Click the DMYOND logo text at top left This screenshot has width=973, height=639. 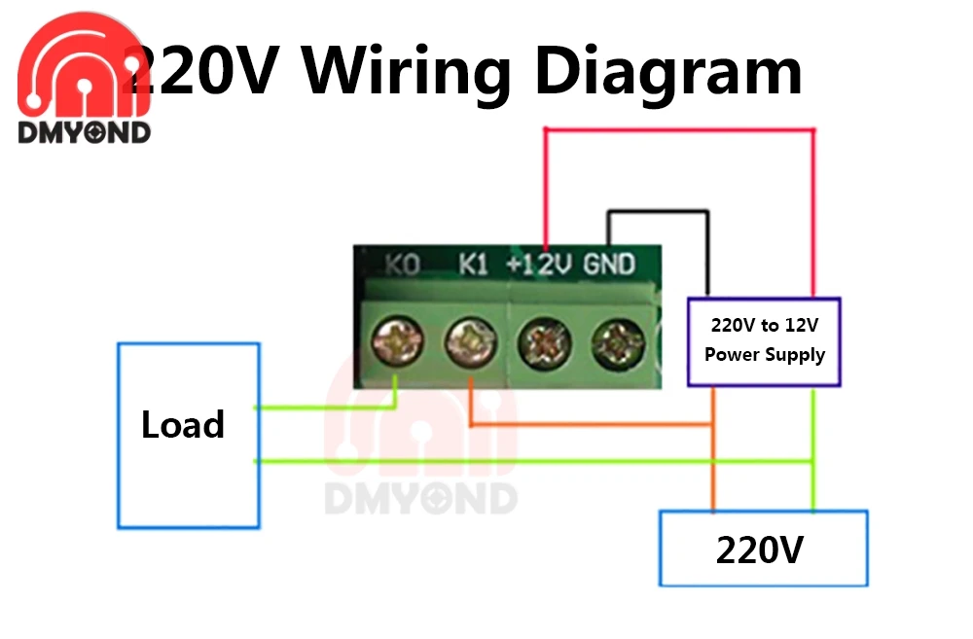(84, 133)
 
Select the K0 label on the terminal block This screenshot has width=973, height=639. (402, 265)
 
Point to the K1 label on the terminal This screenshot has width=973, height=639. (473, 264)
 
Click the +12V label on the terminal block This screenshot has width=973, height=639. (538, 264)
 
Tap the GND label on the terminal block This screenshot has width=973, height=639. (609, 264)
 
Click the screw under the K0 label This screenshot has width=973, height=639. (397, 341)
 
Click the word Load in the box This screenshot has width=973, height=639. (183, 425)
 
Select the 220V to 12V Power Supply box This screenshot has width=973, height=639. (764, 340)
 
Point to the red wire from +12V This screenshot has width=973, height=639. (681, 129)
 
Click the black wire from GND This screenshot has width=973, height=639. (658, 210)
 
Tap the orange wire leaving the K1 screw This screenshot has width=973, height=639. (584, 425)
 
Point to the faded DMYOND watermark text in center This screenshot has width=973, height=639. (420, 498)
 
